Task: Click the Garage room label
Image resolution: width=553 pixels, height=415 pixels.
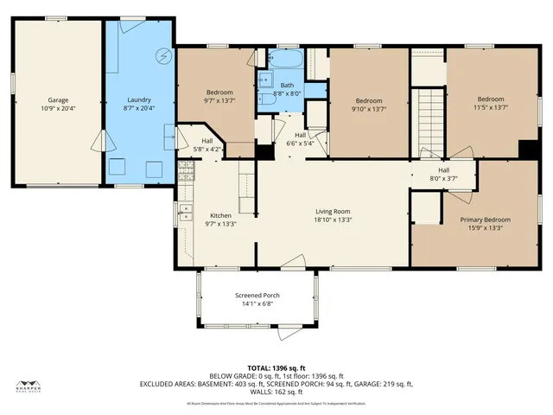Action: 58,100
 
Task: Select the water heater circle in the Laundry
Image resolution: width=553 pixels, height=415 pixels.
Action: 161,57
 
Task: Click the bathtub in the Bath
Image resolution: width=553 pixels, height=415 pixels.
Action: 284,61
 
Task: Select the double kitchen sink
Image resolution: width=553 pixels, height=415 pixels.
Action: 184,213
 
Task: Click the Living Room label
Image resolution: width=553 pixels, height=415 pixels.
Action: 332,210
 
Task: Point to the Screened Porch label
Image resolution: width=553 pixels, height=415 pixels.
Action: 257,296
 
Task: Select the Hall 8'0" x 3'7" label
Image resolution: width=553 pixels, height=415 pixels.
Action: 442,175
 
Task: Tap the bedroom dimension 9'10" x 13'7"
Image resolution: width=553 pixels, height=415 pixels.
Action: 369,109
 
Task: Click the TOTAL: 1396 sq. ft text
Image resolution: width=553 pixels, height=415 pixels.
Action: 276,368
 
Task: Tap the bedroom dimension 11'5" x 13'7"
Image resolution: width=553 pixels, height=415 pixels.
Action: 490,109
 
